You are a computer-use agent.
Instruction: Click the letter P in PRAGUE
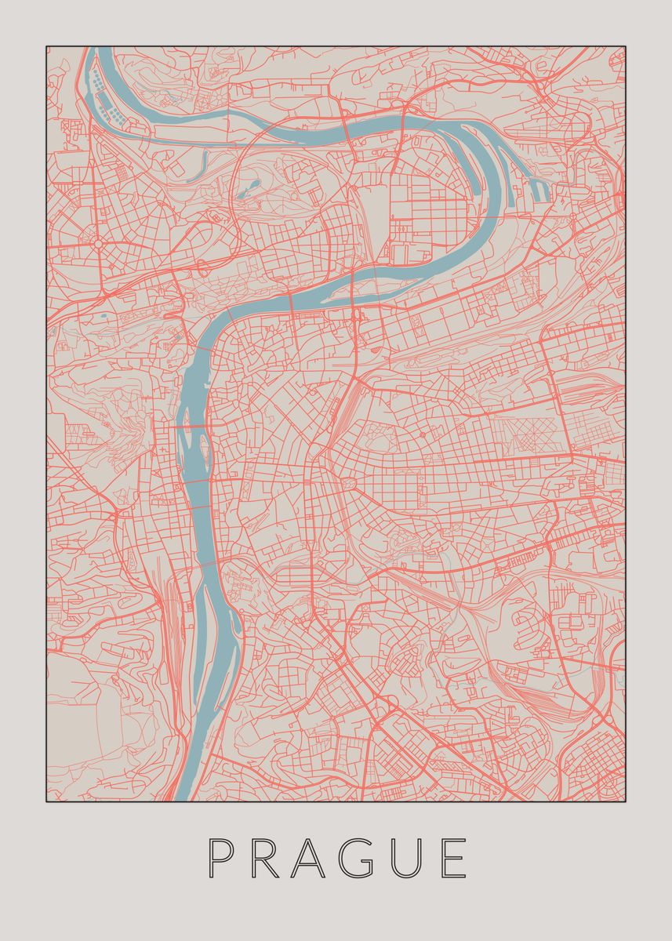pos(221,858)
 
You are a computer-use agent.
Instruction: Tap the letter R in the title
pos(271,858)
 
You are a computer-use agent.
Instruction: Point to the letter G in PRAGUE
pos(378,858)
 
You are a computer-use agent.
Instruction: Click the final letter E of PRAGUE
pos(455,858)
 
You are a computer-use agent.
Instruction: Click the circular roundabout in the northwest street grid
pos(99,244)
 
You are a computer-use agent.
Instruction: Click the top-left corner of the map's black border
pos(46,46)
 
